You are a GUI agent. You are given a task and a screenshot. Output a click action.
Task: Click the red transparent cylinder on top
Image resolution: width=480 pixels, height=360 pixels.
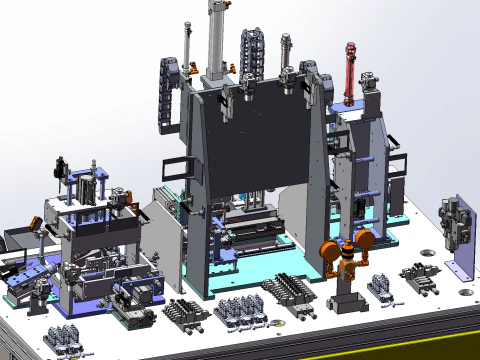point(350,70)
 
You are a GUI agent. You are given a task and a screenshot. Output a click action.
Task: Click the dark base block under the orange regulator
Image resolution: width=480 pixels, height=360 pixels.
point(347,300)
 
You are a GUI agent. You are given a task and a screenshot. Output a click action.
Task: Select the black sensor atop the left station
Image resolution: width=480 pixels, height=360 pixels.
point(61,166)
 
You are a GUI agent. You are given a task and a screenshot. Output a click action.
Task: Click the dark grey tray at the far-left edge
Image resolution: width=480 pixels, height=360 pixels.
point(18,238)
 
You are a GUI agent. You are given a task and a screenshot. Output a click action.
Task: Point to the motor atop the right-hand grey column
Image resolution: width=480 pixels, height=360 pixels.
point(371,85)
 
